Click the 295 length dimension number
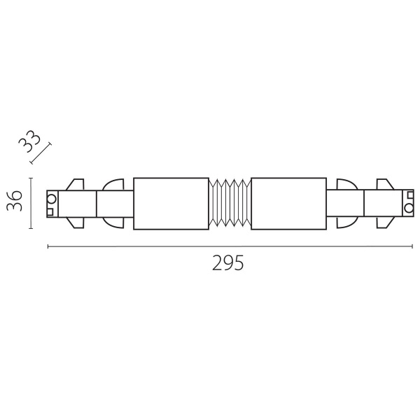(228, 262)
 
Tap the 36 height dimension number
(15, 201)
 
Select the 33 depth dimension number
(29, 141)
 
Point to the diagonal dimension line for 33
(41, 153)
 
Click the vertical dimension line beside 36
(31, 203)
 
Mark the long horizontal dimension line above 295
(230, 246)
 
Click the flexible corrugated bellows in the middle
(230, 203)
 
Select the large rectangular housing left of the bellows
(171, 204)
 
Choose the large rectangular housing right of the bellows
(288, 204)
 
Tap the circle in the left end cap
(51, 199)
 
